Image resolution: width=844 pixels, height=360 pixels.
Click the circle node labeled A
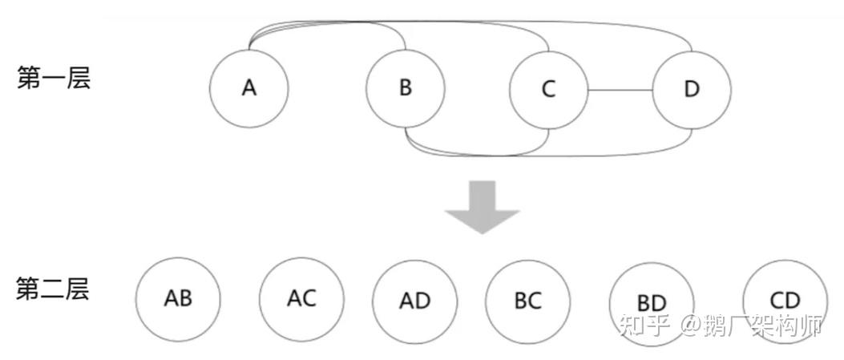tap(248, 87)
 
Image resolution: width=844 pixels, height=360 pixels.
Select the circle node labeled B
tap(406, 87)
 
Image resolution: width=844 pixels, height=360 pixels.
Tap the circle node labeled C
tap(549, 88)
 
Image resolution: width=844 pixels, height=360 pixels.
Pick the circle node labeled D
tap(692, 88)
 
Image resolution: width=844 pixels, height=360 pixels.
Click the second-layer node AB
tap(177, 298)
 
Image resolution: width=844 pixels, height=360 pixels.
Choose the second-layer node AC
tap(301, 298)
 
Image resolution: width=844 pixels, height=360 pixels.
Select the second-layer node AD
tap(414, 300)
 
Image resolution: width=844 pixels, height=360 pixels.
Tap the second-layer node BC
tap(527, 300)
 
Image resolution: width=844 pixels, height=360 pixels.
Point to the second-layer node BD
tap(651, 303)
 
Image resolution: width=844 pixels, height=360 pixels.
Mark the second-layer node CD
tap(784, 301)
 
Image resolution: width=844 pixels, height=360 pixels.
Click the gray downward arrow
tap(483, 207)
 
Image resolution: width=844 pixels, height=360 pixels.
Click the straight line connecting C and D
tap(620, 88)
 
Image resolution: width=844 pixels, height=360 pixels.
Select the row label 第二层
tap(54, 289)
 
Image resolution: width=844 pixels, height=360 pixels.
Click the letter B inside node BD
tap(644, 304)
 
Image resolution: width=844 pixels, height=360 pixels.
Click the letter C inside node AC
tap(309, 298)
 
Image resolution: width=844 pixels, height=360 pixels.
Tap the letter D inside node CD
tap(792, 301)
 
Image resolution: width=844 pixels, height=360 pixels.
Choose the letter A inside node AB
tap(170, 299)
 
